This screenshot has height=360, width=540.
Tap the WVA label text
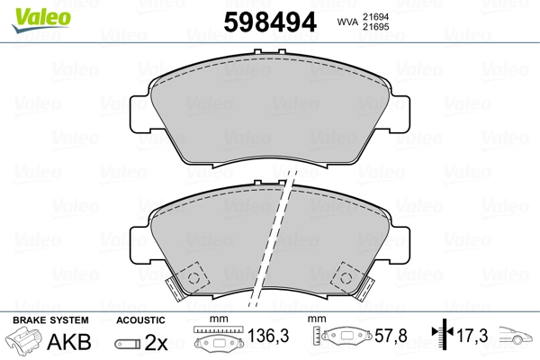pos(349,22)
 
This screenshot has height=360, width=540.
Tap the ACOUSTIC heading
pos(141,320)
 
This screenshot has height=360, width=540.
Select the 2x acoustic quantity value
pos(157,343)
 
